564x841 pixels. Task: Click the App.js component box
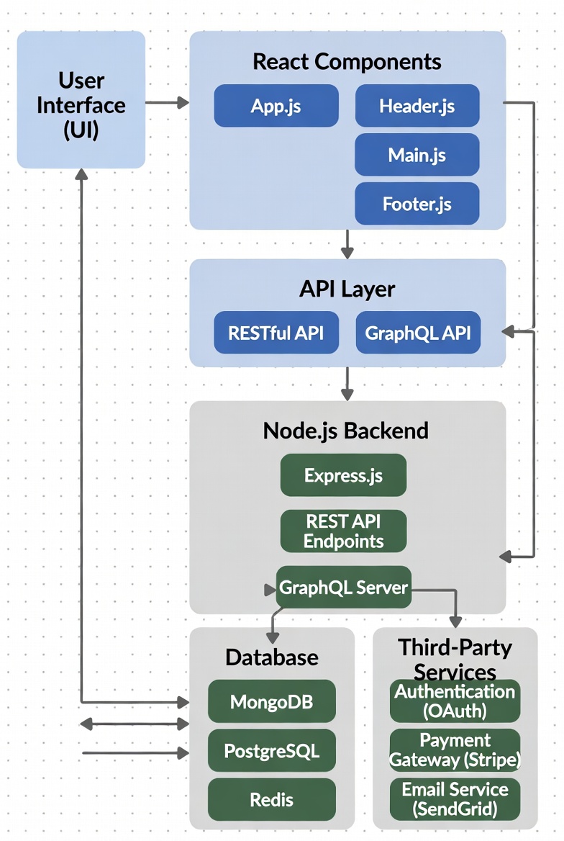276,106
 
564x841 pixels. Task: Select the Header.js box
417,106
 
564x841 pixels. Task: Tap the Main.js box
417,154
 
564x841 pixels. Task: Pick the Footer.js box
417,203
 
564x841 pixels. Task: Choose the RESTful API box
276,333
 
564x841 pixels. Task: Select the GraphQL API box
417,333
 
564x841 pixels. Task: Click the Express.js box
343,475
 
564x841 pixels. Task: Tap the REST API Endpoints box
343,531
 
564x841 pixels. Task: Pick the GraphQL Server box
343,587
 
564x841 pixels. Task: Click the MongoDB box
271,701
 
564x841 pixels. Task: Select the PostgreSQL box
271,751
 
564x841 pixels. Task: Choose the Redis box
271,799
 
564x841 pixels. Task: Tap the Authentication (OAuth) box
455,701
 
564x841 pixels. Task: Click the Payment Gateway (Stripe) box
455,750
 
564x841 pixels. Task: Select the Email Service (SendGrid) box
455,799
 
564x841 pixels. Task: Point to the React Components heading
347,61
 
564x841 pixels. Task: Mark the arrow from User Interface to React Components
167,103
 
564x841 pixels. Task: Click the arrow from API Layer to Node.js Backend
347,384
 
